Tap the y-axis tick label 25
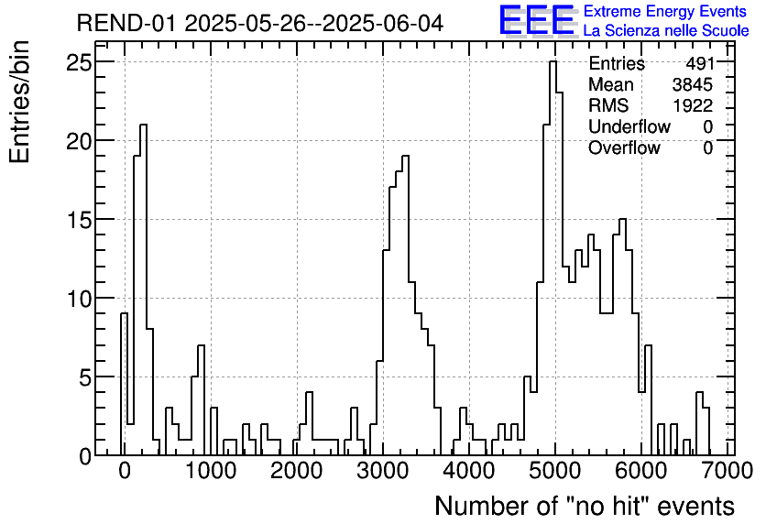[x=79, y=62]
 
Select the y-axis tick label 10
[x=79, y=299]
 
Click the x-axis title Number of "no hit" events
[x=584, y=506]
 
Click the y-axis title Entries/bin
[x=20, y=102]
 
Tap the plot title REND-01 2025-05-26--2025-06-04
[x=260, y=23]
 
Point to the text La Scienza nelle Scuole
[x=665, y=30]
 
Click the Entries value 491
[x=698, y=64]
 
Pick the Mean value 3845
[x=692, y=85]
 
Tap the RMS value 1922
[x=692, y=105]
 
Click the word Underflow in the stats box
[x=629, y=126]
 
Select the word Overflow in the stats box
[x=623, y=147]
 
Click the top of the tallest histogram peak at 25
[x=553, y=62]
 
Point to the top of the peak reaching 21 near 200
[x=143, y=125]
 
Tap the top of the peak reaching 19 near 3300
[x=405, y=157]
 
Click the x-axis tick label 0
[x=125, y=472]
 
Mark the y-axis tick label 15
[x=79, y=220]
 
